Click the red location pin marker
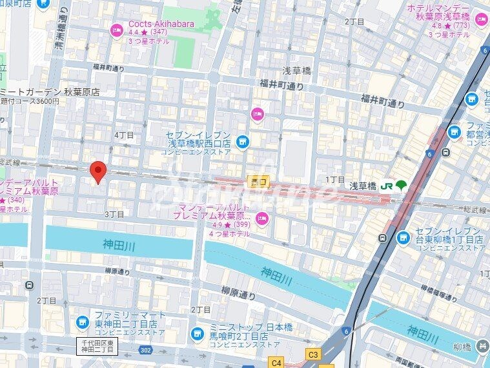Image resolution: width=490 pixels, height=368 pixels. click(x=97, y=172)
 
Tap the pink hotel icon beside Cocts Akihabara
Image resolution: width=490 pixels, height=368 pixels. click(x=117, y=30)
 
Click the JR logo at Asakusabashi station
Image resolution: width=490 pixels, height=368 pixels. click(x=387, y=186)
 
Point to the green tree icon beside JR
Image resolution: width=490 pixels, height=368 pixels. click(x=402, y=186)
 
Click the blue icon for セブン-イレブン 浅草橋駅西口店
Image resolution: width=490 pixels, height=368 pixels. click(x=242, y=140)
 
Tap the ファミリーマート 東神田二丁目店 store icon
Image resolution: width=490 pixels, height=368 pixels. click(x=82, y=322)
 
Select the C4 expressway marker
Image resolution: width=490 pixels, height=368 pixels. click(x=276, y=363)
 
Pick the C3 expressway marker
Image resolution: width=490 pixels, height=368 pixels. click(x=314, y=354)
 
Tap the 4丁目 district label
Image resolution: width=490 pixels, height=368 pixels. click(x=124, y=135)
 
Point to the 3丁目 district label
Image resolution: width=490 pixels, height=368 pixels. click(x=114, y=214)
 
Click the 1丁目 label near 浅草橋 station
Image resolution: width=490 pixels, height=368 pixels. click(x=335, y=179)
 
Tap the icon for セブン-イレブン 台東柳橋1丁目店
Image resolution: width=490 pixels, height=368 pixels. click(x=403, y=238)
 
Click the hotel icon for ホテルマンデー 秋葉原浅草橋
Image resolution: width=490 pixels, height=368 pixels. click(x=482, y=20)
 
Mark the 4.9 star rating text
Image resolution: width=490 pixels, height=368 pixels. click(x=216, y=225)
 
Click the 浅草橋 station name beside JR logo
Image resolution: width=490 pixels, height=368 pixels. click(x=362, y=186)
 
